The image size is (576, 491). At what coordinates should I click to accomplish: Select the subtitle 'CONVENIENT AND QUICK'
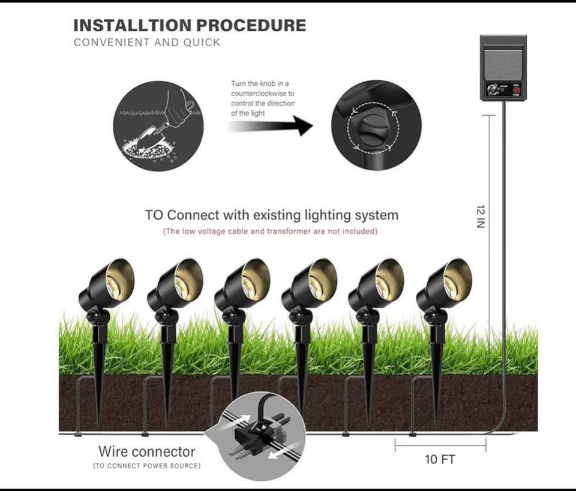(x=147, y=43)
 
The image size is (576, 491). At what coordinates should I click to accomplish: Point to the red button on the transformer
(x=514, y=91)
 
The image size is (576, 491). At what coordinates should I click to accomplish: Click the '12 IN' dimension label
(x=481, y=216)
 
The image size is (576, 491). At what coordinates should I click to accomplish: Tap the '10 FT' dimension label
(x=440, y=459)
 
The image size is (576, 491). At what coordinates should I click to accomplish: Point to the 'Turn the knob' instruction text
(x=263, y=98)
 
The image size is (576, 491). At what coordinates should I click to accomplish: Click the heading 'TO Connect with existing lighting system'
(x=271, y=215)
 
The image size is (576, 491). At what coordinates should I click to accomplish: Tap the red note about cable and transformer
(x=271, y=231)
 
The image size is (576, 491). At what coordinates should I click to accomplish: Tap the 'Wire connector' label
(x=147, y=451)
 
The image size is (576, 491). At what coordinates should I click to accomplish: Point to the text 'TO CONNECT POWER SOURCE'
(x=147, y=466)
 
